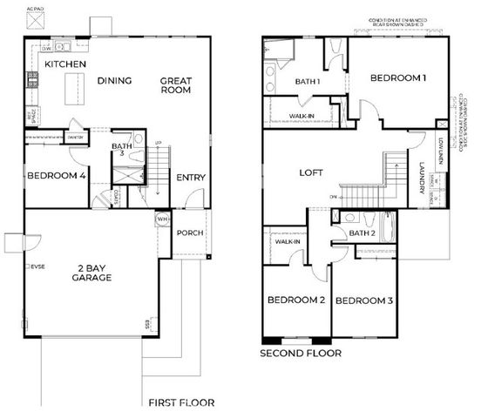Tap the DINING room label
tap(114, 81)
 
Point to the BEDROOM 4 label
tap(57, 176)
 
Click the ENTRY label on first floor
tap(191, 178)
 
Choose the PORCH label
tap(190, 233)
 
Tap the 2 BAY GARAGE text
tap(95, 273)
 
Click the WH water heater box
tap(162, 219)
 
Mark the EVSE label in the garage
tap(37, 265)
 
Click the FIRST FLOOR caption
tap(180, 402)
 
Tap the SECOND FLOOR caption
tap(301, 354)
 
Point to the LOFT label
tap(312, 173)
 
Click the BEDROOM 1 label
tap(398, 78)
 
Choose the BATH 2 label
tap(362, 233)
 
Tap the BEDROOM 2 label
tap(296, 300)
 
